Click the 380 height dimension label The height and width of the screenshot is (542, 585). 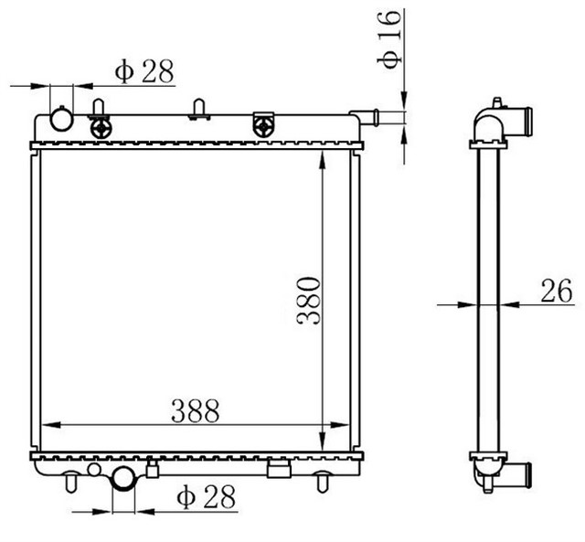(308, 299)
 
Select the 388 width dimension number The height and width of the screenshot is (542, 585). (196, 411)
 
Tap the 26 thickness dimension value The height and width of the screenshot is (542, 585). (557, 292)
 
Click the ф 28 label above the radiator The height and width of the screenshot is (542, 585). (144, 72)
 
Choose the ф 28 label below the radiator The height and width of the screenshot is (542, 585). (206, 496)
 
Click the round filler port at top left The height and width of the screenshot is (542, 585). (61, 120)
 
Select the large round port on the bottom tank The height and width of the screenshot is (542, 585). (122, 478)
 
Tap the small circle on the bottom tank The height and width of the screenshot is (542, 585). (93, 469)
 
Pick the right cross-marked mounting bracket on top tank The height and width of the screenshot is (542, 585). (264, 124)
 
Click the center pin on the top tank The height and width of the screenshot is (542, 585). (198, 109)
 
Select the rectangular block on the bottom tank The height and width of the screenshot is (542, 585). (279, 469)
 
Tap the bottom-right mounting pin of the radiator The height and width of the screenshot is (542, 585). (322, 478)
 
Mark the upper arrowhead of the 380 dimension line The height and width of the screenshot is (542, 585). (322, 160)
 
